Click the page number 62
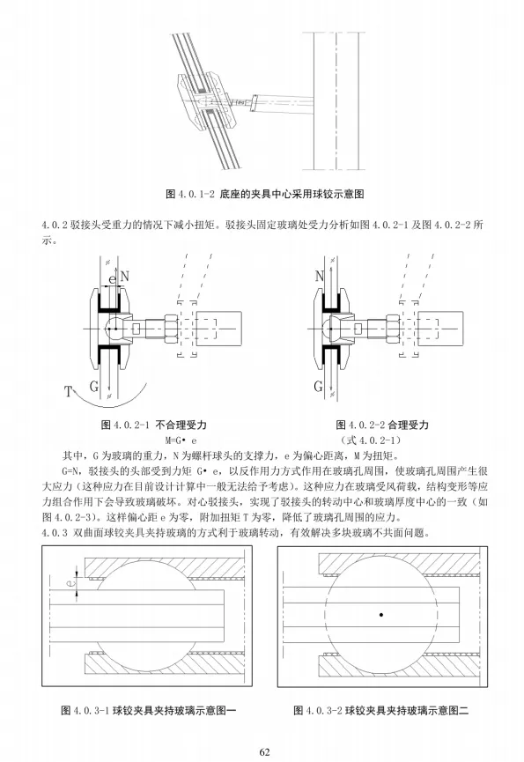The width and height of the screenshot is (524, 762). pos(264,751)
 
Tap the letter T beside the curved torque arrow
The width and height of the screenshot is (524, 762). pos(69,391)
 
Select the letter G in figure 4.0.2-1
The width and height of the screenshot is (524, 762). pos(94,387)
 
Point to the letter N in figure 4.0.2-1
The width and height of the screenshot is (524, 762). pos(124,276)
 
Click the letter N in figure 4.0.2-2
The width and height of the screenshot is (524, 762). pos(319,276)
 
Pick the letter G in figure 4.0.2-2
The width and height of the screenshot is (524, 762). pos(319,387)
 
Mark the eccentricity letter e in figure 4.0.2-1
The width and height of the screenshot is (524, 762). pos(113,279)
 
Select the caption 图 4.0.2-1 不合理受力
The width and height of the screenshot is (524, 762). pos(154,425)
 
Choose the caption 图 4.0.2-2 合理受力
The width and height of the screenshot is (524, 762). pos(382,425)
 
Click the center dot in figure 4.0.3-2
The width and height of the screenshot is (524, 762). pos(381,615)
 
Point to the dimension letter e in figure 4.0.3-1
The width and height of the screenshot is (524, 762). pos(71,581)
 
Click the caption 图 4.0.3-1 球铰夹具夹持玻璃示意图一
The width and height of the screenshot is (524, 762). pos(148,711)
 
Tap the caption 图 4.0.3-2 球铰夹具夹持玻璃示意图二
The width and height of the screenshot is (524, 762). pos(380,711)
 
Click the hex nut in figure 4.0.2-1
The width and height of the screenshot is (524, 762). pos(171,329)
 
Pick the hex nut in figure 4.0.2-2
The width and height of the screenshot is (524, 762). pos(393,329)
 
